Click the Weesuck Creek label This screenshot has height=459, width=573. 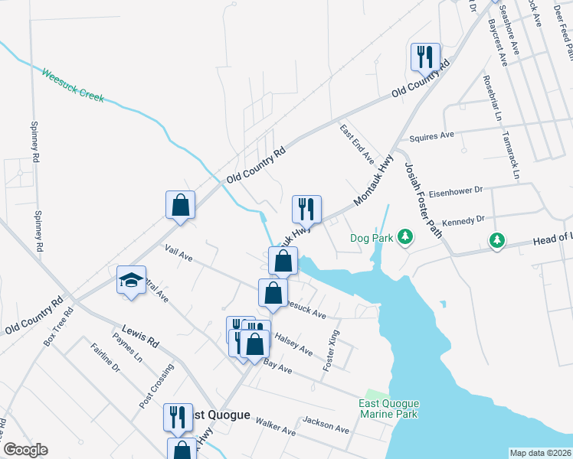click(73, 86)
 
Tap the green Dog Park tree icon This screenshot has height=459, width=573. click(405, 238)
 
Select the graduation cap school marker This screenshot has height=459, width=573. click(131, 280)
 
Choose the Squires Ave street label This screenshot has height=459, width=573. click(432, 136)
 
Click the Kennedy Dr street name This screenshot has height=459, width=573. click(464, 220)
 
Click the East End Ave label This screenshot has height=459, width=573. click(357, 144)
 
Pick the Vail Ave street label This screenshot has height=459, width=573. click(178, 253)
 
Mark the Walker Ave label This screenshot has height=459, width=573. click(276, 426)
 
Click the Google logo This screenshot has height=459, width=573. click(25, 450)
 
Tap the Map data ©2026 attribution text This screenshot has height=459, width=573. click(540, 452)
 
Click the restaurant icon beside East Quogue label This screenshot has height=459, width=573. click(177, 417)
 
